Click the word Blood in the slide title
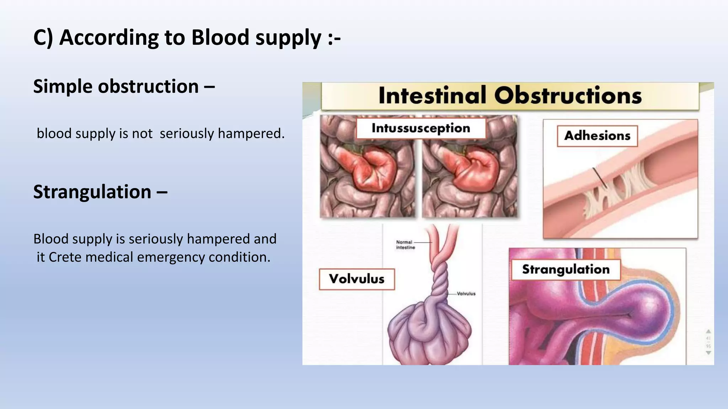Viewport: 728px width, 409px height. coord(220,38)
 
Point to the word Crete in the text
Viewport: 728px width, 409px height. coord(65,257)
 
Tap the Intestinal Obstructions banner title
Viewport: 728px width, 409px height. coord(510,96)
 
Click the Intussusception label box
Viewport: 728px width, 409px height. coord(421,128)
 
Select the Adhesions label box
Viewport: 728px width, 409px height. coord(597,136)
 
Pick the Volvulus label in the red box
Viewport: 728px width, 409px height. coord(357,279)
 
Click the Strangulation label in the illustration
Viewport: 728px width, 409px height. coord(566,269)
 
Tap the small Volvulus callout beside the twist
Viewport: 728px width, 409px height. coord(466,294)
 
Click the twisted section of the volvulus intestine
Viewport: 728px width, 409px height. coord(440,280)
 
